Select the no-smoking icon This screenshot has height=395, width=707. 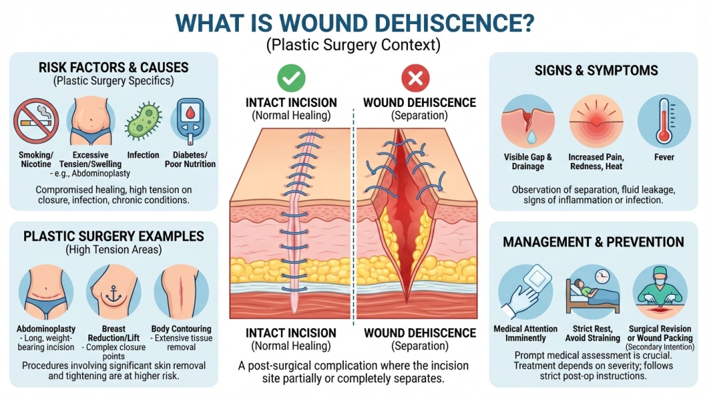[x=36, y=120]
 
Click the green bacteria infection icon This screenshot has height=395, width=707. [x=143, y=122]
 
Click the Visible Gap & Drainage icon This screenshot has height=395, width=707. [x=527, y=120]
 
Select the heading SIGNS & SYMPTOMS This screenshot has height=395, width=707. [x=596, y=70]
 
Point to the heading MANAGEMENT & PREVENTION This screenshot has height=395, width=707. [x=593, y=242]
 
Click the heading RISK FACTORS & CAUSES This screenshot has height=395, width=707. [x=114, y=68]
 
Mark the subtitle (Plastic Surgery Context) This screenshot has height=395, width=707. [x=353, y=46]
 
